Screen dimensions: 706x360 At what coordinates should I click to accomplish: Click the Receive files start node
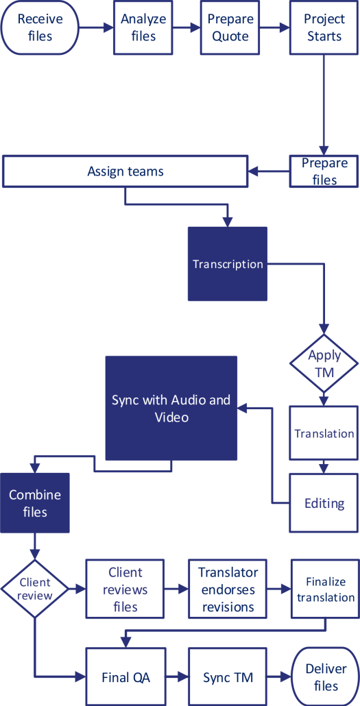(40, 28)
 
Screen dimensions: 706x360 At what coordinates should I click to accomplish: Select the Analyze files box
(143, 27)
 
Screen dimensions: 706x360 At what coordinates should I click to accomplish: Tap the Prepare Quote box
(230, 27)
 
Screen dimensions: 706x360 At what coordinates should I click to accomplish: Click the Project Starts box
(324, 27)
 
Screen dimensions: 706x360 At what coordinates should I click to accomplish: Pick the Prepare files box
(324, 171)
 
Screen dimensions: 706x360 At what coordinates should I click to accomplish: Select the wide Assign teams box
(125, 171)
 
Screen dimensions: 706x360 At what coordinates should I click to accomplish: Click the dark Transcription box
(227, 264)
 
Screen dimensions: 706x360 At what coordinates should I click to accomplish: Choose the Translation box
(324, 433)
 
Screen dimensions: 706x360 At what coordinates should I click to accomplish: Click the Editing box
(324, 503)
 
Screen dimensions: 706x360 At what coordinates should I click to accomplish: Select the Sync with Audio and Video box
(171, 408)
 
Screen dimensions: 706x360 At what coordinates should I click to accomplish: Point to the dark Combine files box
(34, 502)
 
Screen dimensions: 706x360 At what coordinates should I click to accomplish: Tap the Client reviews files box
(125, 589)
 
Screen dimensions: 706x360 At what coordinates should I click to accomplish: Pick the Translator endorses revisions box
(228, 589)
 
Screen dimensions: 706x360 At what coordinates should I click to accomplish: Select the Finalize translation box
(325, 589)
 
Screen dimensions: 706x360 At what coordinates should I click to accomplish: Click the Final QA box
(125, 677)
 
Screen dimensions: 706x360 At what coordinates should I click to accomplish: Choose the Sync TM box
(228, 677)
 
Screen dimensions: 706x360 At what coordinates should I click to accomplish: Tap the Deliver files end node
(325, 677)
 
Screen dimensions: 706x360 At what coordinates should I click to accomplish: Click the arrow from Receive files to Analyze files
(96, 28)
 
